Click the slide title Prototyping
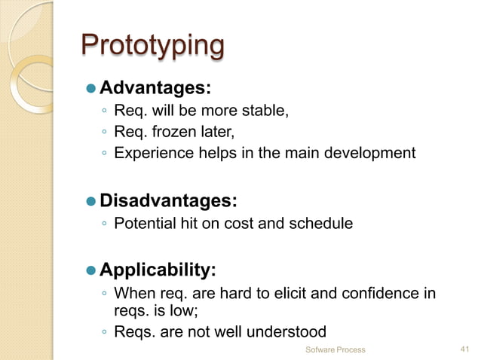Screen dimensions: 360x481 152,46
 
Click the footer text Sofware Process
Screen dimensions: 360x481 335,349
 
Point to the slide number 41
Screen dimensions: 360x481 464,349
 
